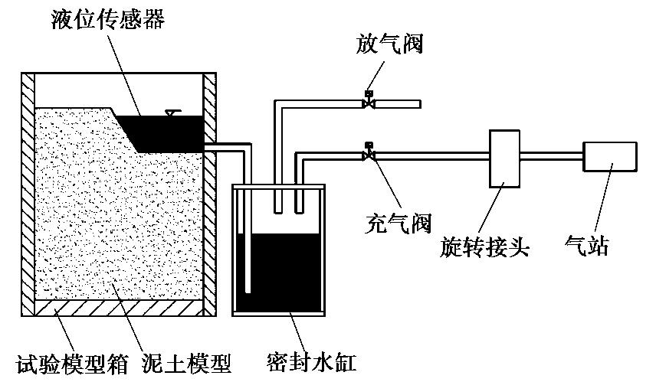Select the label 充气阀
(395, 223)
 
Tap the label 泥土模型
(188, 361)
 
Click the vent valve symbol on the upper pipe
(369, 99)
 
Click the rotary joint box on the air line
(504, 158)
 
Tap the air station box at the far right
(609, 157)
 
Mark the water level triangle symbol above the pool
(173, 113)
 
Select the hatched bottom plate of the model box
(119, 309)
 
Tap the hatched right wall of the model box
(209, 230)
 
